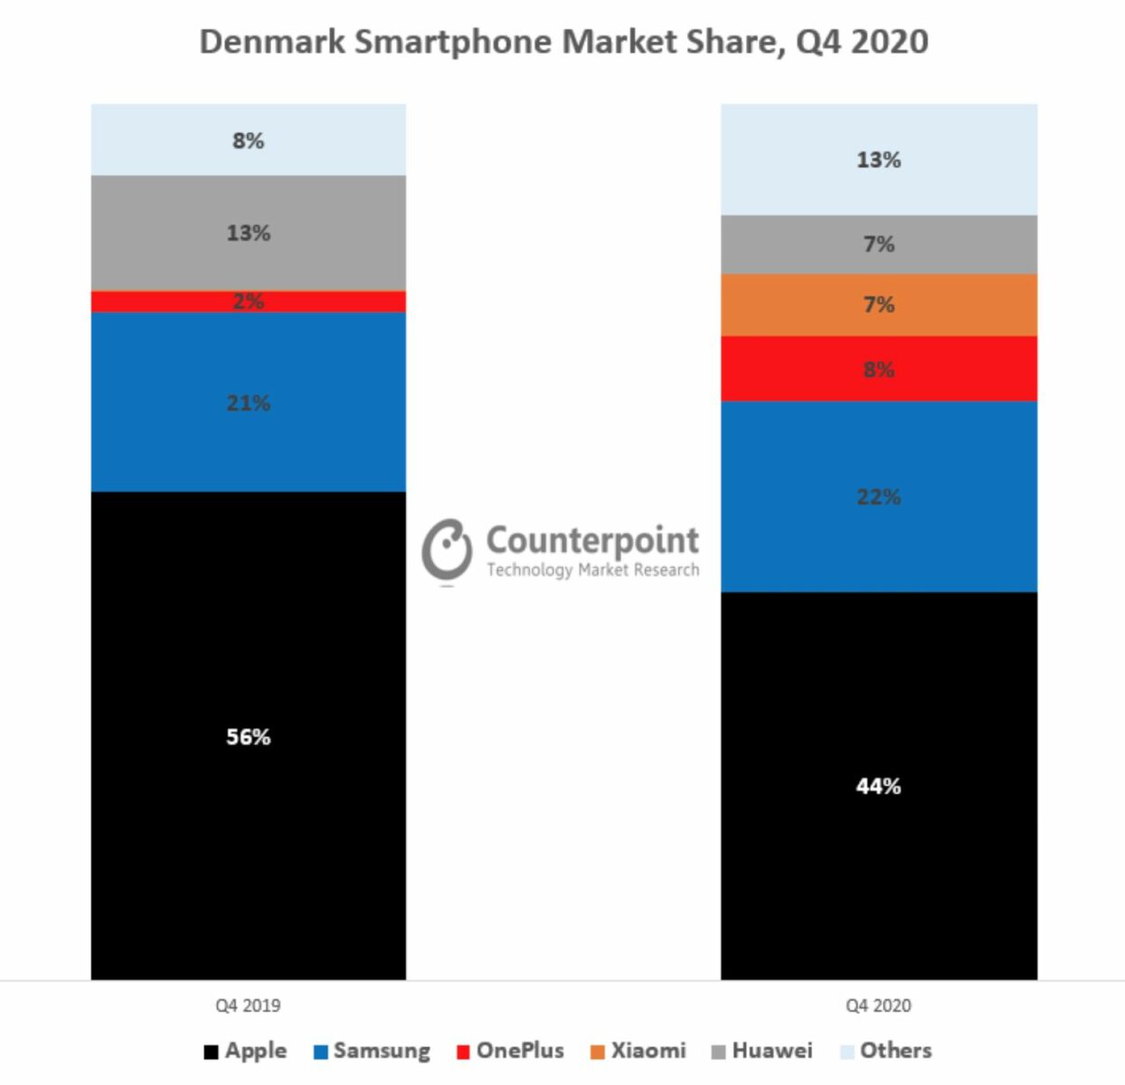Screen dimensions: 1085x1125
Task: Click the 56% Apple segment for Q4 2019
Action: (248, 735)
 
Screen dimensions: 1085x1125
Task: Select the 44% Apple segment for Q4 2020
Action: (878, 785)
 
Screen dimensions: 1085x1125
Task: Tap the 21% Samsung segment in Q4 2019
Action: (248, 401)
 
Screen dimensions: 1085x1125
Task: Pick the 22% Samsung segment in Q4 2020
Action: (878, 495)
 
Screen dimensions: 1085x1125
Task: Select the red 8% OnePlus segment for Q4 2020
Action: (878, 368)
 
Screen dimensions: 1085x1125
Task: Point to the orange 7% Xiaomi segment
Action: (878, 305)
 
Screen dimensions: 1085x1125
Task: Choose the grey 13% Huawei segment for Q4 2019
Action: (248, 232)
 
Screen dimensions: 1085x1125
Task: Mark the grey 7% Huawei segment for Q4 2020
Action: (878, 244)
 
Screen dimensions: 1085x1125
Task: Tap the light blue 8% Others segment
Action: (248, 140)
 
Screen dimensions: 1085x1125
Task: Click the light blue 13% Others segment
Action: (878, 159)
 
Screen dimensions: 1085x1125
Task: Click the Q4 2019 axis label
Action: (248, 1005)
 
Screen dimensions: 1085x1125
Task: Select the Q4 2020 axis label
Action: (878, 1005)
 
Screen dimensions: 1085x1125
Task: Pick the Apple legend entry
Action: (246, 1051)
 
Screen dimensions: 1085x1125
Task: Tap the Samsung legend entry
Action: (372, 1051)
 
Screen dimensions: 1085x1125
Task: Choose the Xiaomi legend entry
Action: (638, 1051)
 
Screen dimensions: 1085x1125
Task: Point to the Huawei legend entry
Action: (762, 1051)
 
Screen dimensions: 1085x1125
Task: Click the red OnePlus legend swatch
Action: (463, 1052)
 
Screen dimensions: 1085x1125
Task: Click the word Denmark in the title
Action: (271, 42)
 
